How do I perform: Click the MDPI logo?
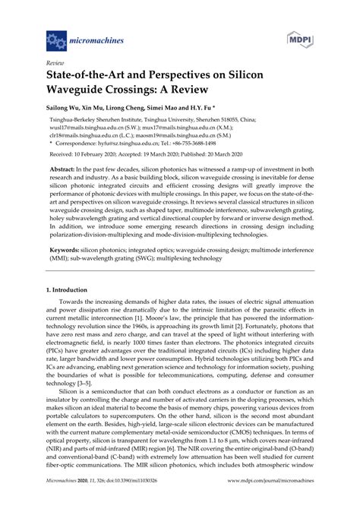[301, 37]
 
